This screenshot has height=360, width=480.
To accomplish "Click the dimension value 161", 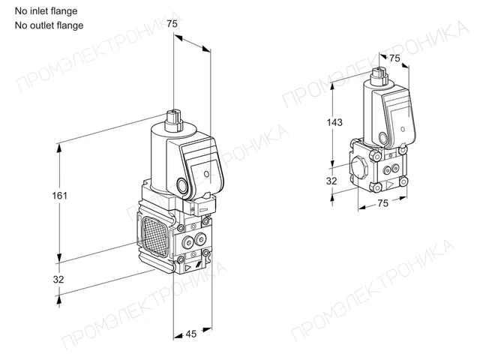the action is tap(59, 195).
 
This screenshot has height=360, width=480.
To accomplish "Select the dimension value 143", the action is tap(334, 122).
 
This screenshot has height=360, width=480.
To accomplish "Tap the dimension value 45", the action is tap(191, 334).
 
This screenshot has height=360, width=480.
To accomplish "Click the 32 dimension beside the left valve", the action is tap(58, 279).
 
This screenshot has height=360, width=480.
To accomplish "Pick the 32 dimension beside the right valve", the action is tap(331, 181).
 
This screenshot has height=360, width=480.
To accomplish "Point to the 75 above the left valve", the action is tap(172, 23).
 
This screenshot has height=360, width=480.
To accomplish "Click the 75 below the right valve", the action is tap(382, 203).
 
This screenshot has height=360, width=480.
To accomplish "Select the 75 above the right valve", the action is tap(394, 58).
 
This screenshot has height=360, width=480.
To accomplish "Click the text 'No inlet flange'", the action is tap(46, 11).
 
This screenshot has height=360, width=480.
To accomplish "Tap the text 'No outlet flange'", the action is tap(49, 25).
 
